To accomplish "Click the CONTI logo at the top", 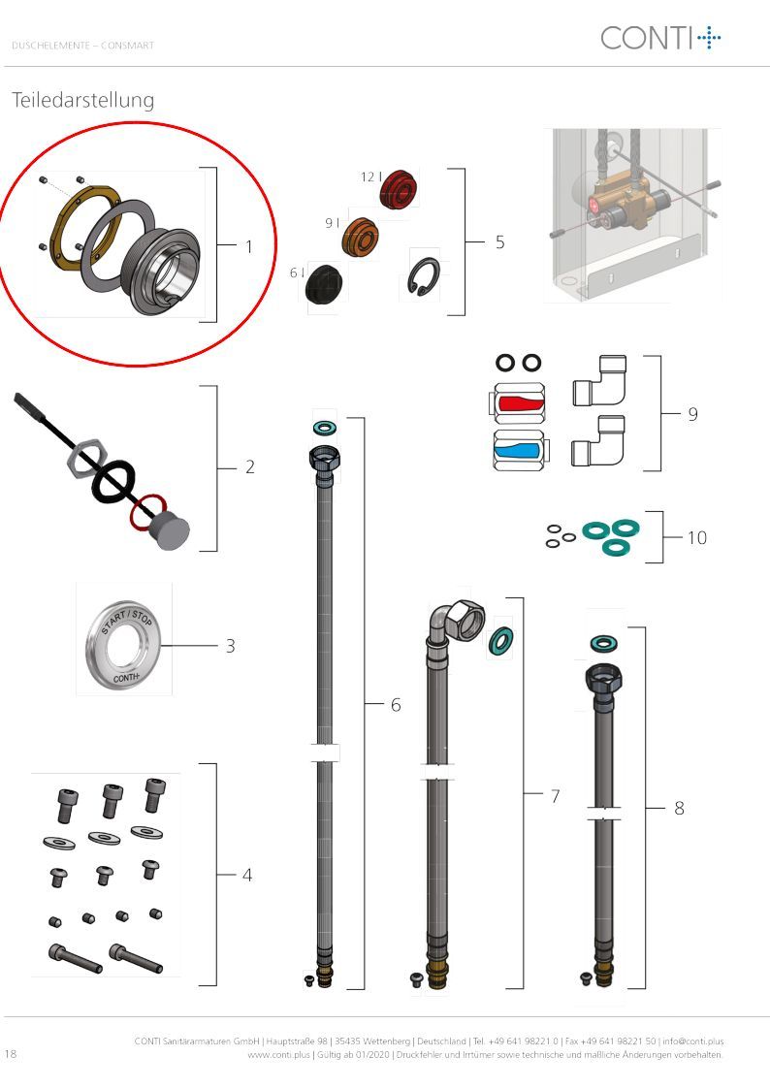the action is [660, 38].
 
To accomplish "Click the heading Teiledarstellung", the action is [83, 100].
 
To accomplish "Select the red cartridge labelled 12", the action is [400, 188].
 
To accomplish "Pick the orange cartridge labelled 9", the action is [361, 237].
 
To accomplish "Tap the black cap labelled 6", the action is [324, 282].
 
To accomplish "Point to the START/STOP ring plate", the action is [123, 645].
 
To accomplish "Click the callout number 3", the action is [231, 647].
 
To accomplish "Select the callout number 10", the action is [697, 537].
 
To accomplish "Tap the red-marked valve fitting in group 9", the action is [519, 403].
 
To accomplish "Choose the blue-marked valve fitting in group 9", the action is [519, 450].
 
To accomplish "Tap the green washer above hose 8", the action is [601, 644].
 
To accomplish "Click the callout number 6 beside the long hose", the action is [396, 705].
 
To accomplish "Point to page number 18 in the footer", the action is [11, 1053].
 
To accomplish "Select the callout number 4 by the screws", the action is [247, 875].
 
